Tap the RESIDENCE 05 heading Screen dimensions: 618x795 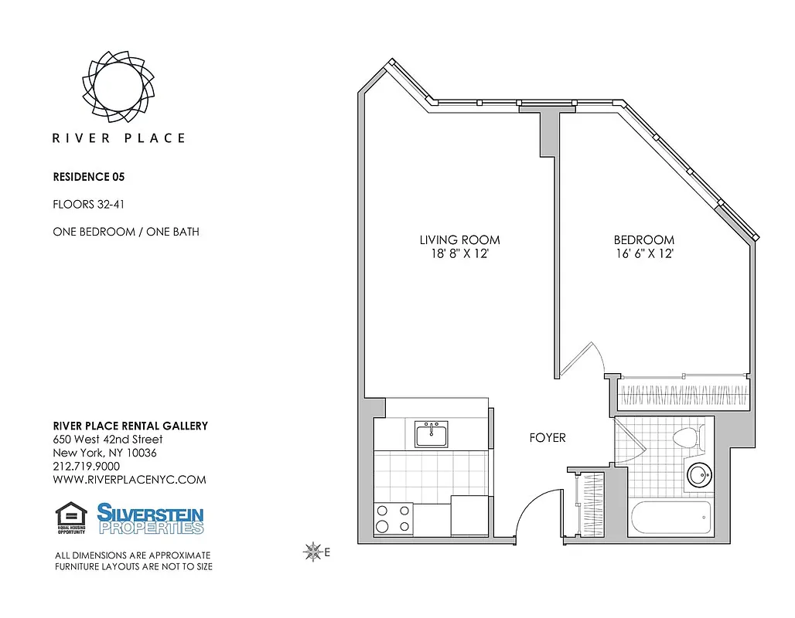pyautogui.click(x=88, y=176)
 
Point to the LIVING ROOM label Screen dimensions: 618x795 pyautogui.click(x=459, y=239)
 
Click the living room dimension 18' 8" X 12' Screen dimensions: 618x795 pyautogui.click(x=459, y=253)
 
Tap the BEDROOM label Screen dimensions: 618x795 pyautogui.click(x=644, y=239)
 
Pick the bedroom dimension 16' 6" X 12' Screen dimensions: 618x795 pyautogui.click(x=644, y=253)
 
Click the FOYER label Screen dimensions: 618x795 pyautogui.click(x=548, y=437)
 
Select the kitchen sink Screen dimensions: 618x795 pyautogui.click(x=431, y=434)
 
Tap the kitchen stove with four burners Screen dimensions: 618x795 pyautogui.click(x=393, y=518)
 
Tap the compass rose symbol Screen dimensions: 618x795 pyautogui.click(x=313, y=551)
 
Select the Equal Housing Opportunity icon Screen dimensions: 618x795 pyautogui.click(x=71, y=518)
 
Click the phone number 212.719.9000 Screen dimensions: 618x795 pyautogui.click(x=86, y=467)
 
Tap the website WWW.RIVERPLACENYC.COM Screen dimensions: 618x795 pyautogui.click(x=129, y=480)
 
